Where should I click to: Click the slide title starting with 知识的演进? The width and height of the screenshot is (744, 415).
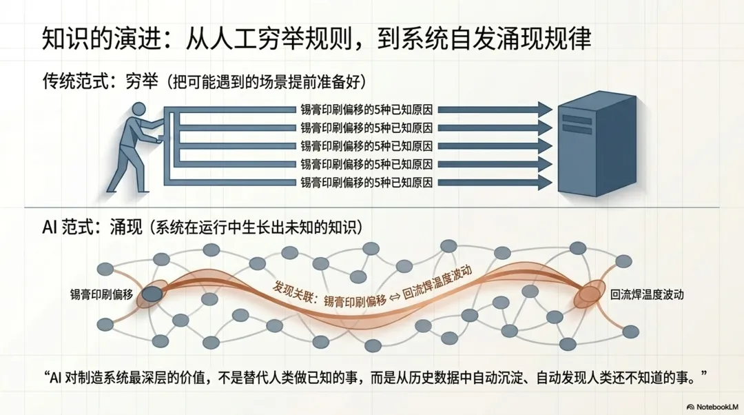tap(317, 39)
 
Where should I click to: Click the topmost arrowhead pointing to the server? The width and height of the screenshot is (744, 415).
tap(545, 109)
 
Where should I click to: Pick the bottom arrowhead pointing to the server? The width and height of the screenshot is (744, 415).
tap(545, 183)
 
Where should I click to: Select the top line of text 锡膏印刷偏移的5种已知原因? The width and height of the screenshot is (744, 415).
tap(366, 109)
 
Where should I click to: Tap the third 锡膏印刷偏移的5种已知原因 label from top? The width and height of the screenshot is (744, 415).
tap(366, 146)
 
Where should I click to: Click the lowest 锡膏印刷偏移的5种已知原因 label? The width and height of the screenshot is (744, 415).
tap(366, 183)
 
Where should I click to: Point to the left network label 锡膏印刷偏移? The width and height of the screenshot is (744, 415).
tap(101, 294)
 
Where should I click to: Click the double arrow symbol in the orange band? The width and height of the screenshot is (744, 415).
tap(395, 296)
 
